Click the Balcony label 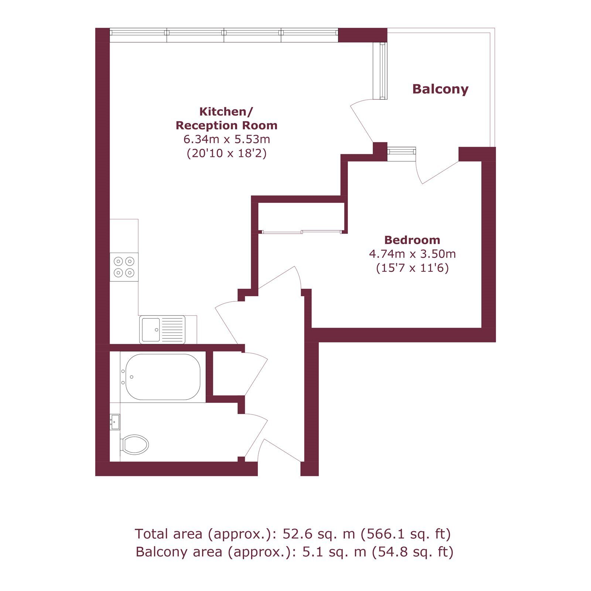(440, 89)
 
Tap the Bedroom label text (412, 240)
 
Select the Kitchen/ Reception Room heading (226, 118)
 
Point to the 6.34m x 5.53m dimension (227, 139)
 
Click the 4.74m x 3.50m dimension (412, 254)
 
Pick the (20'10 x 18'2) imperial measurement (227, 153)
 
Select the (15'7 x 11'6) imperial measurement (412, 267)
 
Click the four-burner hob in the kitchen (124, 267)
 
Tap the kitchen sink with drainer (162, 329)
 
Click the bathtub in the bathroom (163, 377)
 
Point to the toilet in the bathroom (135, 444)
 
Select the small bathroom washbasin (115, 422)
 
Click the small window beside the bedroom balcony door (402, 151)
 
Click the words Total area (168, 534)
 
